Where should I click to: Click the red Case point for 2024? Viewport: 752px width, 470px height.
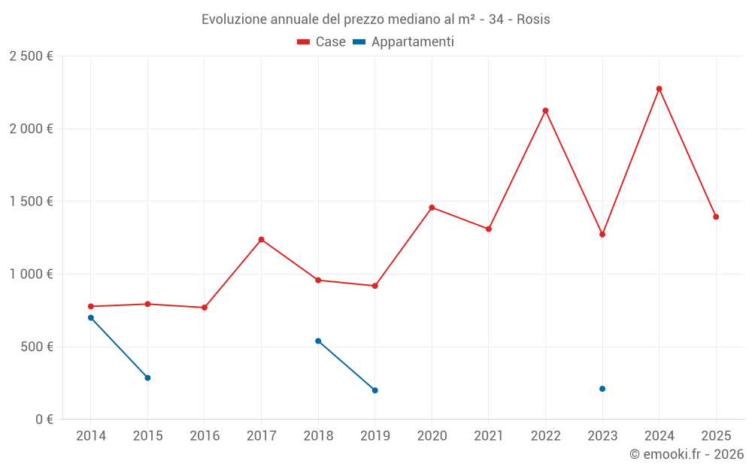(660, 89)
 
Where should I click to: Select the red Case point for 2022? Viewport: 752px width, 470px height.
(545, 111)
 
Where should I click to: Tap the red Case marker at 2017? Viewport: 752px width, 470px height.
(261, 239)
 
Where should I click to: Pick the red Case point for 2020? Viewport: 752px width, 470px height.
(432, 208)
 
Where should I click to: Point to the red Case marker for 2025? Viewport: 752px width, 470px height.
(716, 217)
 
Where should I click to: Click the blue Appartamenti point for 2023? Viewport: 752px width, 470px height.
(602, 389)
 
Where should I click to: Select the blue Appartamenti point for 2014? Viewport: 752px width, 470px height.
(90, 317)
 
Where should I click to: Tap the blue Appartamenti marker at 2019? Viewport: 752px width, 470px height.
(374, 390)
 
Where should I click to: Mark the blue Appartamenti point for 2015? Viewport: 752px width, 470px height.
(147, 378)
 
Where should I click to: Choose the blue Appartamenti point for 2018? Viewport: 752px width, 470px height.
(318, 341)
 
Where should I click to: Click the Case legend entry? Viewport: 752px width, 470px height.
(322, 42)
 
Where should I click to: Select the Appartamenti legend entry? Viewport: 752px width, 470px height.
(404, 42)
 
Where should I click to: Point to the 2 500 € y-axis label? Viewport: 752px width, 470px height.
(31, 56)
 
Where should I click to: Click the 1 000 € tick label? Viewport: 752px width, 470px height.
(31, 274)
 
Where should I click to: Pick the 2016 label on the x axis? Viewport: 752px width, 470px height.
(205, 436)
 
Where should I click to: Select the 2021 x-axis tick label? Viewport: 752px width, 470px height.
(489, 436)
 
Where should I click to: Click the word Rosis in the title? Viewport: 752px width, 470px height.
(533, 20)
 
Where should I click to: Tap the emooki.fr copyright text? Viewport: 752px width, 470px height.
(686, 454)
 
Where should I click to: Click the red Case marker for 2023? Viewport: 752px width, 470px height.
(602, 235)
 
